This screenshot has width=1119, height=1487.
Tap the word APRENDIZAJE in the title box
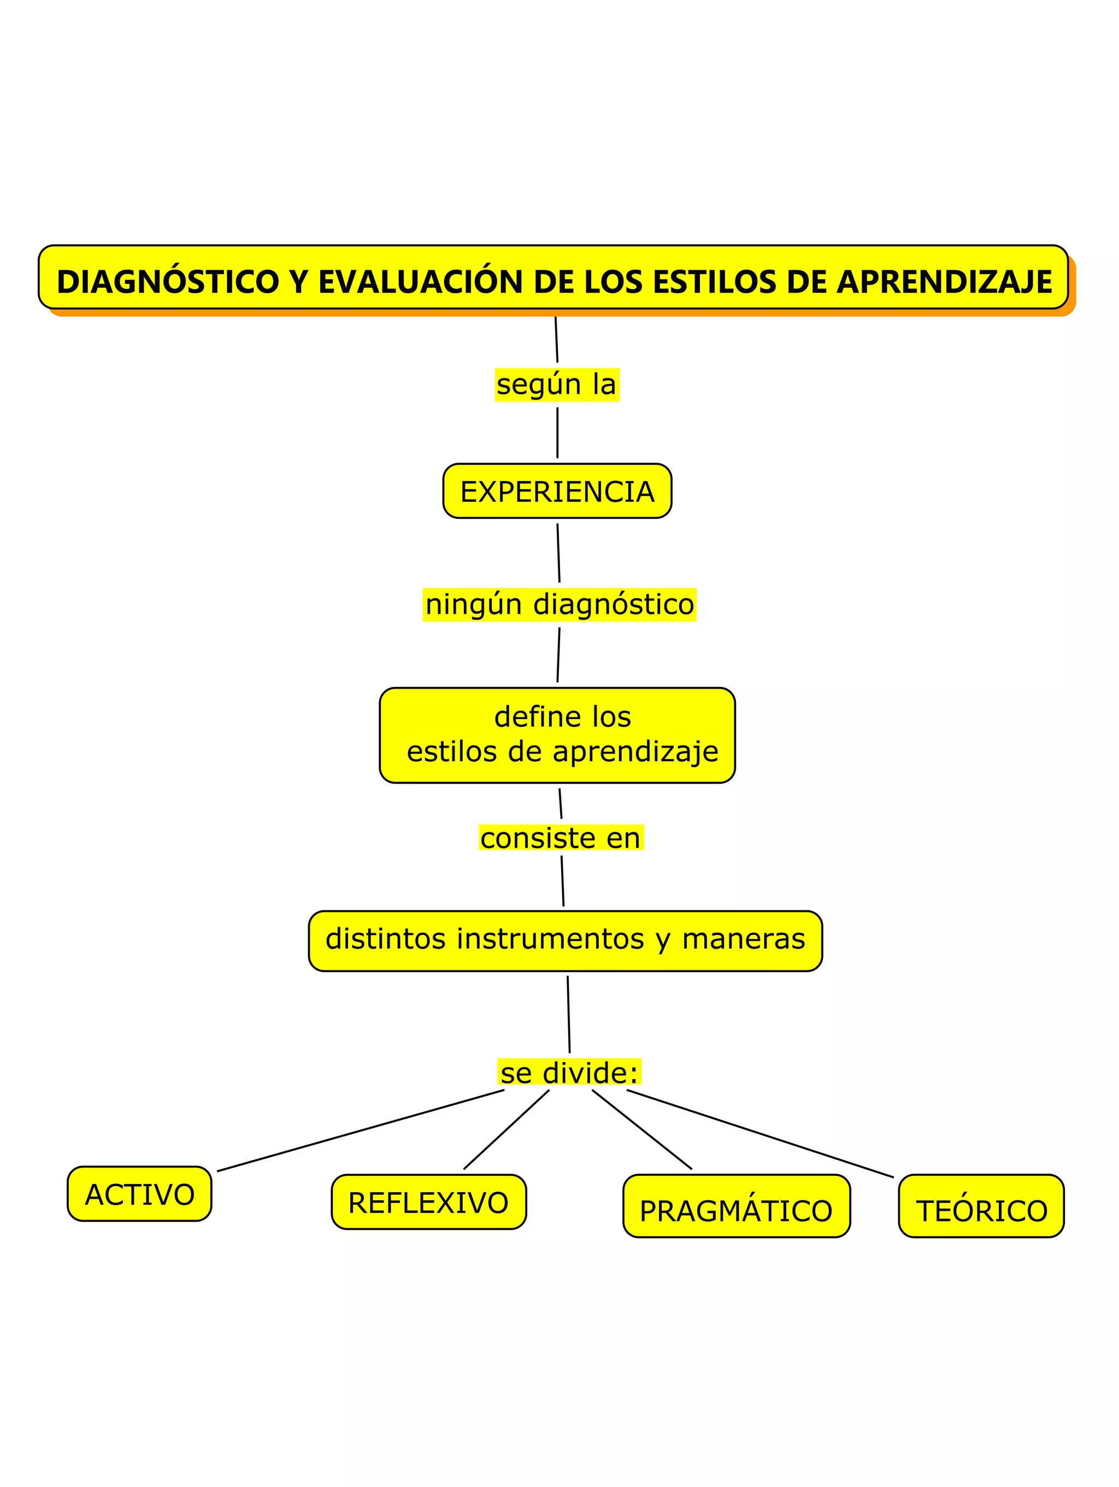click(x=944, y=282)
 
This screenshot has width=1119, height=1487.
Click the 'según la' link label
click(x=557, y=384)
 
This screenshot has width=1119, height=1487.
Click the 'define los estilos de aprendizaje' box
click(x=557, y=734)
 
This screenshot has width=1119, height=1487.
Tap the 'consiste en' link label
click(x=561, y=838)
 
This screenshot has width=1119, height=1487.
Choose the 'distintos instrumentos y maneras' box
click(x=565, y=940)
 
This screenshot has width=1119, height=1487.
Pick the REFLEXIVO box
click(x=428, y=1202)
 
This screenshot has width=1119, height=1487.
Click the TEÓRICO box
click(x=981, y=1211)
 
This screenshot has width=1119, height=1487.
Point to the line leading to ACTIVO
click(x=361, y=1131)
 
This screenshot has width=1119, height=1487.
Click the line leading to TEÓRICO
click(x=760, y=1133)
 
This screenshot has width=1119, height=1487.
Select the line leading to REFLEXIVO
click(x=506, y=1130)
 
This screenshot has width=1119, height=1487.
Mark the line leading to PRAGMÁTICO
click(x=641, y=1129)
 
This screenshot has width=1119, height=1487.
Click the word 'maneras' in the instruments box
click(x=743, y=939)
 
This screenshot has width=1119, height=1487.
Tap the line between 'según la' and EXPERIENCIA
click(x=557, y=433)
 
